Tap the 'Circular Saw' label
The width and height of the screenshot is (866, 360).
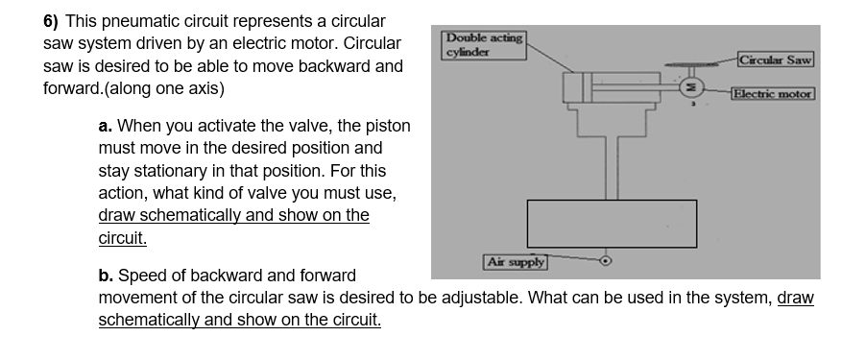point(777,60)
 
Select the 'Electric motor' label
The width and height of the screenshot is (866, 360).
point(772,93)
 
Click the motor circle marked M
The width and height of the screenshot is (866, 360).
point(691,87)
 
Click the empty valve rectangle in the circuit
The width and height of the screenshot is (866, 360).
point(612,223)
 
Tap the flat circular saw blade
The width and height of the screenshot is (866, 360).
point(693,68)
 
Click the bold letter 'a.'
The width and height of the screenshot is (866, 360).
point(106,126)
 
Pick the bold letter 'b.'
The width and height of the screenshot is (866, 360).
point(106,276)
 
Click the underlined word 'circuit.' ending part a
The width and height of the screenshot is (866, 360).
point(123,237)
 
